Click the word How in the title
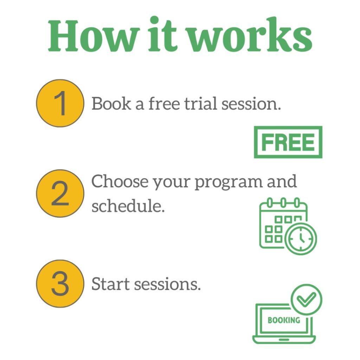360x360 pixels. [x=94, y=36]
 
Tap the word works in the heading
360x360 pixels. [x=250, y=34]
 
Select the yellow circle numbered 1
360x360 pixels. [x=60, y=103]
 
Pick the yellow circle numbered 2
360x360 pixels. [x=60, y=193]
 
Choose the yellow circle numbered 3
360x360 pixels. [x=60, y=284]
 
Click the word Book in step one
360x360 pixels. [x=111, y=103]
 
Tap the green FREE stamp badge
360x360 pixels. [x=288, y=142]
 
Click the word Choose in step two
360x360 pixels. [x=120, y=181]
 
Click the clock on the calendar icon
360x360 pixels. [x=301, y=238]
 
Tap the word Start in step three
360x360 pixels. [x=110, y=284]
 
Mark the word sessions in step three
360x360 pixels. [x=167, y=284]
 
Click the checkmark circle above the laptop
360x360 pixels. [x=306, y=300]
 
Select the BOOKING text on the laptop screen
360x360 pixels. [x=284, y=320]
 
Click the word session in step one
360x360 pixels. [x=251, y=104]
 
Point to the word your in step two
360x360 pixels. [x=172, y=184]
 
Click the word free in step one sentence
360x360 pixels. [x=164, y=103]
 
